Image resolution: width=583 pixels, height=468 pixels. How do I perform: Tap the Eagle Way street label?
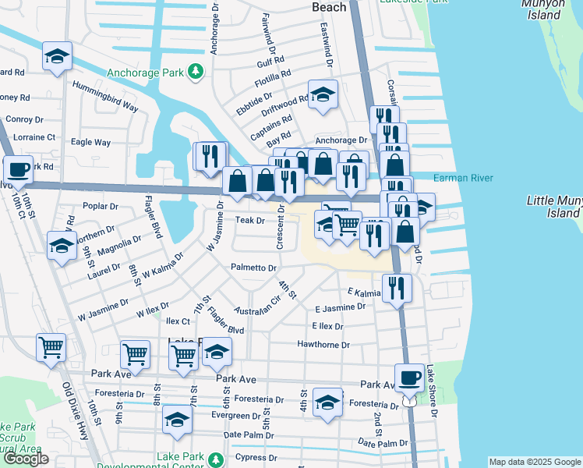90,143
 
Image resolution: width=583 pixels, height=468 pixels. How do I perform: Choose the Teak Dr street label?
250,221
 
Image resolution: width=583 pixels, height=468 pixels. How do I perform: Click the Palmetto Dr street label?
253,268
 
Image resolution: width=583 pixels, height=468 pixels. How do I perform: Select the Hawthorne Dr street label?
323,344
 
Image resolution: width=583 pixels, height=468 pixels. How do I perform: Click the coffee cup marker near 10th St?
18,168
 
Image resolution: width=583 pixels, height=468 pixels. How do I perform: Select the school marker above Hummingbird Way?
57,56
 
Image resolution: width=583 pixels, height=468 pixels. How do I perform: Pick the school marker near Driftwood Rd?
323,94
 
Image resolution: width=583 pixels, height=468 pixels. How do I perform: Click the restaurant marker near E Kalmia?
397,288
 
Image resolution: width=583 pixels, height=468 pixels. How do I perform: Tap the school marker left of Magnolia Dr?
62,246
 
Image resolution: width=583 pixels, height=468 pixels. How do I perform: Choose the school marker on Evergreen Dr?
178,420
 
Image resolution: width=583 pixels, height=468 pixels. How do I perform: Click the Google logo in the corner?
26,459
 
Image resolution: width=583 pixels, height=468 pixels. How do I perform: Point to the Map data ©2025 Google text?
534,462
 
